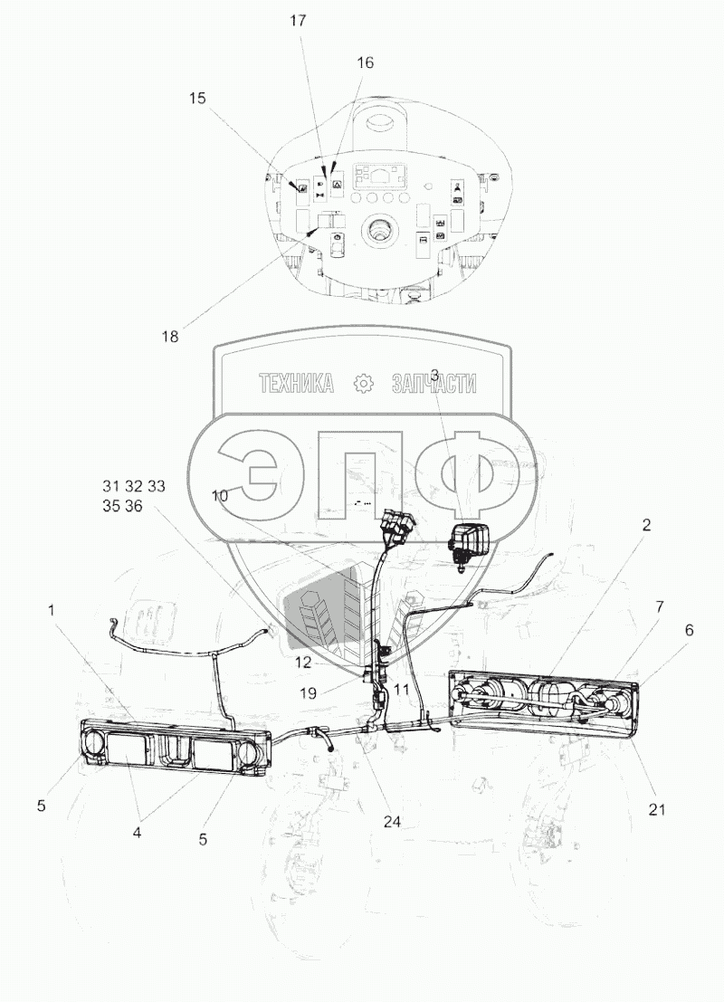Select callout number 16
pos(365,62)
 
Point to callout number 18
pos(170,337)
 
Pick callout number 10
pos(221,495)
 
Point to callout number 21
pos(656,809)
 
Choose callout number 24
pos(392,822)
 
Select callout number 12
pos(302,663)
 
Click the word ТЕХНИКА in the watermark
pos(296,384)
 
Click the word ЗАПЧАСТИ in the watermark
pos(434,384)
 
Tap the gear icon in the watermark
pos(363,384)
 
